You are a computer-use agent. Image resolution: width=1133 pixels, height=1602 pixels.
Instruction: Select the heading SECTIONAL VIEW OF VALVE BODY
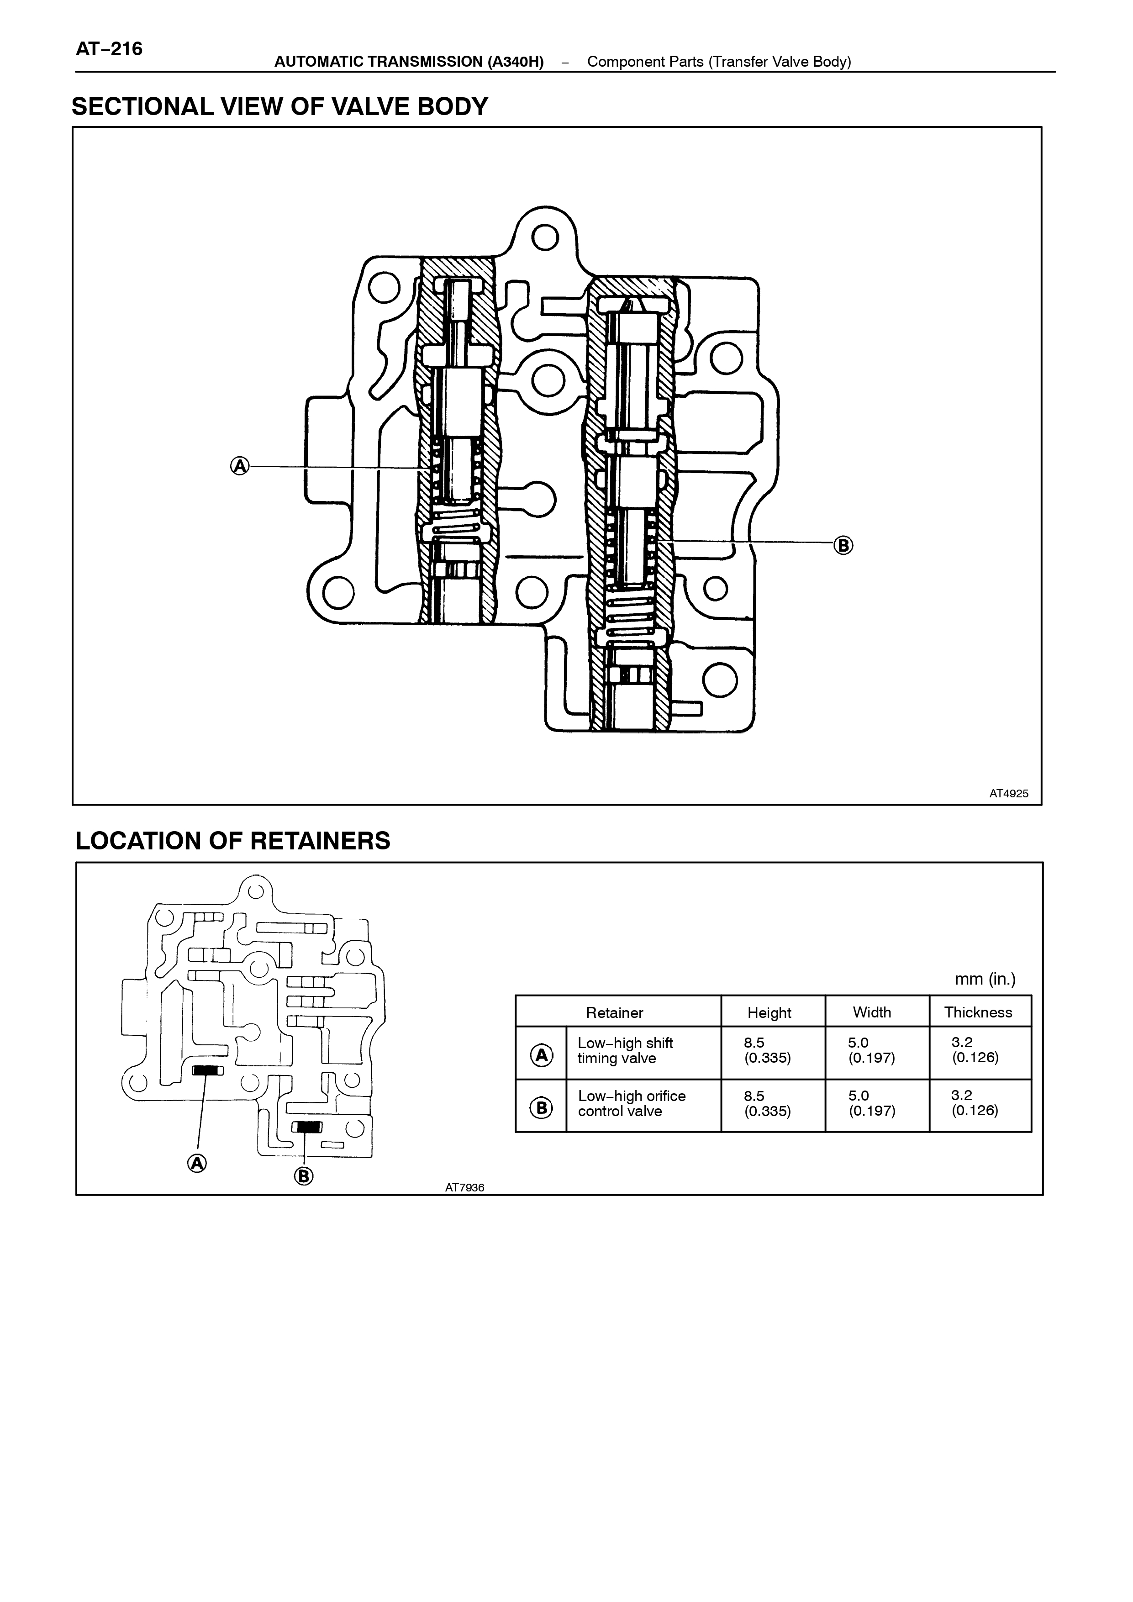point(280,107)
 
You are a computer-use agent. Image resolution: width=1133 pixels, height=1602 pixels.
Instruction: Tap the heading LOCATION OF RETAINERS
point(233,841)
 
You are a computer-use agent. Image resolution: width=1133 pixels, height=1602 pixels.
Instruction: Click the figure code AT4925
point(1009,793)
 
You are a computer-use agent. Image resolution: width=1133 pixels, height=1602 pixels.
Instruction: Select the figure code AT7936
point(464,1187)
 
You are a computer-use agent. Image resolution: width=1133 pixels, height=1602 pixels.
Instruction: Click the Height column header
point(769,1012)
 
